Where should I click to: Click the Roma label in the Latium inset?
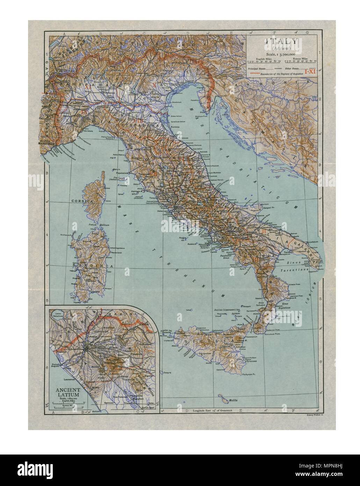88,344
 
